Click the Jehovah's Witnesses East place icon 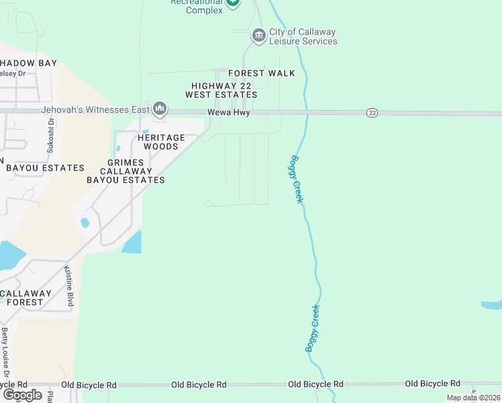coord(160,108)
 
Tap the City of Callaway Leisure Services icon coord(258,35)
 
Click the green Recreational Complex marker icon coord(232,3)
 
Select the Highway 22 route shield coord(372,113)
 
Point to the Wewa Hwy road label coord(228,113)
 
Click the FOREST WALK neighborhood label coord(261,73)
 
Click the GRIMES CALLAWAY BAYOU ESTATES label coord(125,171)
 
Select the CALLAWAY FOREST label coord(26,298)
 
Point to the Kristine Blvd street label coord(68,286)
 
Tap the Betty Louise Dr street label coord(6,353)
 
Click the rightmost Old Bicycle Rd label coord(432,384)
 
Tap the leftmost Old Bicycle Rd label coord(89,385)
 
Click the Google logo coord(22,395)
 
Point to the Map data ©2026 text coord(473,398)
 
